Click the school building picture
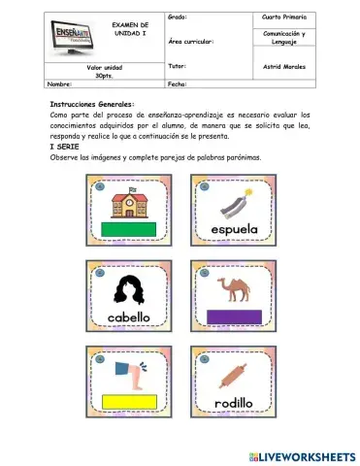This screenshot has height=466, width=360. [x=128, y=204]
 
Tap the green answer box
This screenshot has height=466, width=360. [x=129, y=230]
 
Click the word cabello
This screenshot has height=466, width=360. [x=129, y=316]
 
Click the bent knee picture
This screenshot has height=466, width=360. [x=128, y=374]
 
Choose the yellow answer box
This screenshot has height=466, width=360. [x=129, y=402]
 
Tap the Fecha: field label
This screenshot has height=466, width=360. [x=177, y=84]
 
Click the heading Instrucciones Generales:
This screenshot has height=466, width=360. [x=92, y=104]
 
